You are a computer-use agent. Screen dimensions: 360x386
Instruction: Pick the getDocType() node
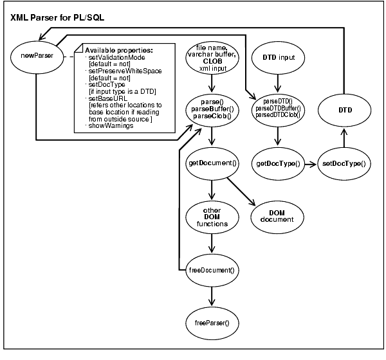point(279,164)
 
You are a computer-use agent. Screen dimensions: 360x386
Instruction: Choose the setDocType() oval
point(344,164)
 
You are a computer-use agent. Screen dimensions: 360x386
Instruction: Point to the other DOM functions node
point(212,216)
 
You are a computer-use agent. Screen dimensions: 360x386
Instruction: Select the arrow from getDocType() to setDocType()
point(311,164)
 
